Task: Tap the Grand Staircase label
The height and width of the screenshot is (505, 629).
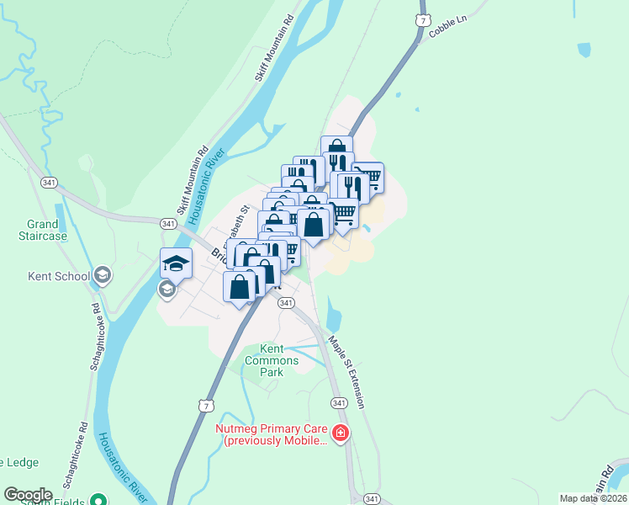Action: tap(42, 230)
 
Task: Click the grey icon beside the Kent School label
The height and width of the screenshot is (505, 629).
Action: tap(103, 274)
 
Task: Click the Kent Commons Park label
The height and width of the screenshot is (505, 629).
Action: tap(278, 360)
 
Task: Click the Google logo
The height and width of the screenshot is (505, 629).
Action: tap(28, 494)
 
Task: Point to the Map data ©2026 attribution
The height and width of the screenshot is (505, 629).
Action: tap(593, 498)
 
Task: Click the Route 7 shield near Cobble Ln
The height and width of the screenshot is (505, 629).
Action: tap(420, 19)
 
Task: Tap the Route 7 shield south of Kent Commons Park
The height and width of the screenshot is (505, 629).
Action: tap(206, 406)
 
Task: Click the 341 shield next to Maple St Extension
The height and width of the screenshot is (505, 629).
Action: tap(339, 404)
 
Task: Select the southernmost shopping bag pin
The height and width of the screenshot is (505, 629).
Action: tap(240, 285)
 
